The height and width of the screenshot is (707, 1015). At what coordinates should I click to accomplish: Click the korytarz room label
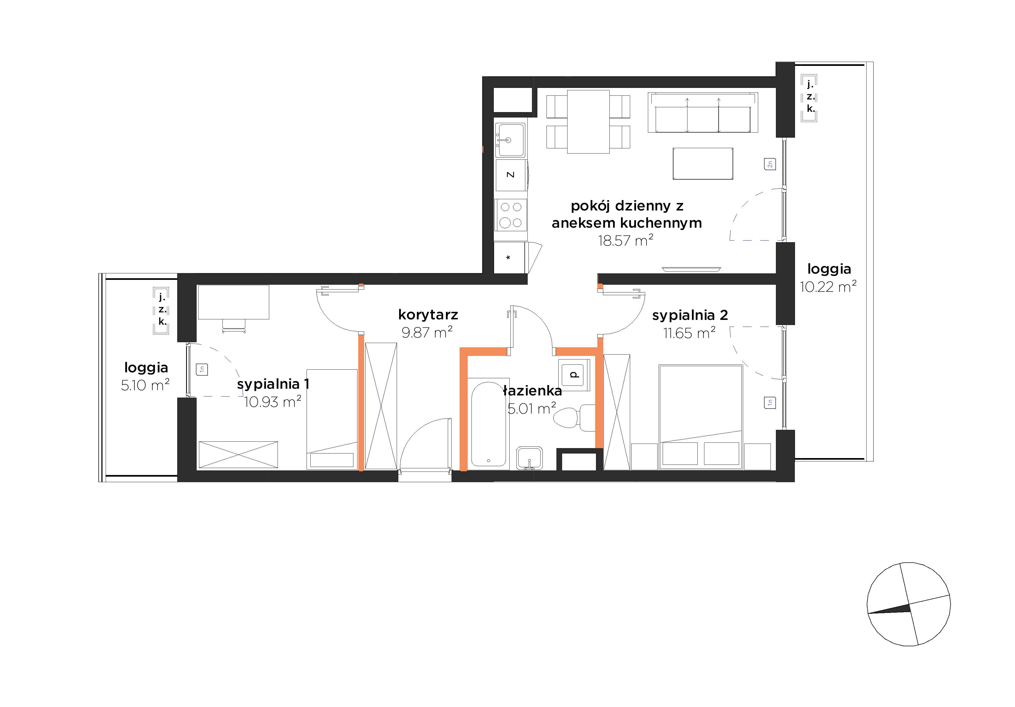click(x=428, y=315)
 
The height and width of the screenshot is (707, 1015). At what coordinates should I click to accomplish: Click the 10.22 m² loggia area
click(x=828, y=286)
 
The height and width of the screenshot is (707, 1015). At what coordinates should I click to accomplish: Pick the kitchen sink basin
click(x=510, y=140)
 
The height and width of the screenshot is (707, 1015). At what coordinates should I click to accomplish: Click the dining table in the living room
click(x=588, y=122)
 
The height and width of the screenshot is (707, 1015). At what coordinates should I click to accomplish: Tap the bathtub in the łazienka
click(x=488, y=423)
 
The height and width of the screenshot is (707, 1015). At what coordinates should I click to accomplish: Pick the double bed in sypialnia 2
click(x=701, y=417)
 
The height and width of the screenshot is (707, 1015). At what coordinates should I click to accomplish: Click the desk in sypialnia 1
click(x=233, y=302)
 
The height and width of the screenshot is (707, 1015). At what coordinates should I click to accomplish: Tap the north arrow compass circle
click(x=908, y=604)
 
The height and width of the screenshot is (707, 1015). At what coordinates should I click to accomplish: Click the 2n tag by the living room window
click(x=770, y=164)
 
